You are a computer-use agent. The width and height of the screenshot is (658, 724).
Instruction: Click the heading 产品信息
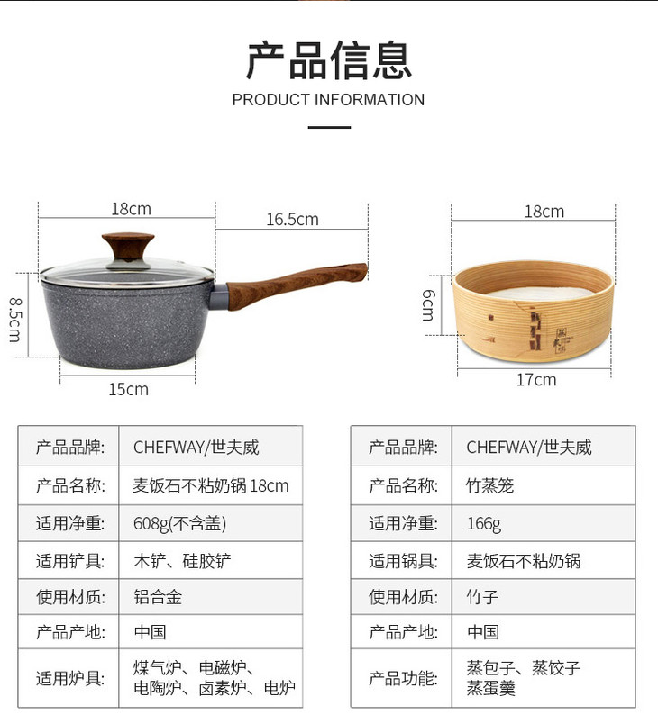328,60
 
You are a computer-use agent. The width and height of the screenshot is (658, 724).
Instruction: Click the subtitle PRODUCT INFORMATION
328,100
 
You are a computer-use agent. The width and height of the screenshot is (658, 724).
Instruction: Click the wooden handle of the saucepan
296,285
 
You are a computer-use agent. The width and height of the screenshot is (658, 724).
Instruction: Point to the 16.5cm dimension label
293,220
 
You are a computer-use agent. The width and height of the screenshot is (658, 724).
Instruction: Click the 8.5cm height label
15,320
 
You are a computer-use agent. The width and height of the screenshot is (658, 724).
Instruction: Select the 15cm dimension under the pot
129,389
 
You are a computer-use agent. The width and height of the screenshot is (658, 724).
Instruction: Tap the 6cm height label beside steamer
428,305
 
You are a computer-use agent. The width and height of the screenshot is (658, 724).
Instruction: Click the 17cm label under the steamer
536,379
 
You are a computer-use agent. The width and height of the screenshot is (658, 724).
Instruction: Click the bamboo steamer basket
534,311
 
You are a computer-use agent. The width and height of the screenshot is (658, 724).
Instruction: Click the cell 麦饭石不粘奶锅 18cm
211,485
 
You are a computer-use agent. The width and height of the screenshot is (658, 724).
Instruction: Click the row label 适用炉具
70,678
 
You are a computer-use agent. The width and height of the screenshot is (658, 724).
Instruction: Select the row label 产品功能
403,678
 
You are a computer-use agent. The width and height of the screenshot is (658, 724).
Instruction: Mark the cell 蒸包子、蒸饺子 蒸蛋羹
523,678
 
